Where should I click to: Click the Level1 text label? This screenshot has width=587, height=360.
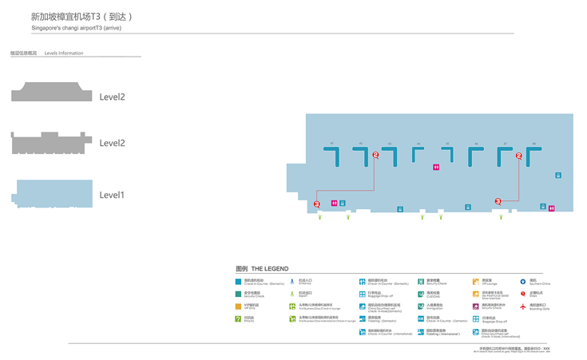click(112, 195)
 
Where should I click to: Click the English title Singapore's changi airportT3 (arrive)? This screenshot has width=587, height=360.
click(76, 28)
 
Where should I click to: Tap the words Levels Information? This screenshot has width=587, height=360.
click(64, 53)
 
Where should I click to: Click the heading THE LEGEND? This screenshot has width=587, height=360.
click(271, 269)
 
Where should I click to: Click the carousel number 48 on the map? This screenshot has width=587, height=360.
click(533, 144)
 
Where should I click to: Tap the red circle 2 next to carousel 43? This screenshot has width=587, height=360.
click(375, 156)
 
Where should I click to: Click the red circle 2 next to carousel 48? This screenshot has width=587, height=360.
click(519, 156)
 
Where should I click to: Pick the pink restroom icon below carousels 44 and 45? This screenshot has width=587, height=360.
click(435, 167)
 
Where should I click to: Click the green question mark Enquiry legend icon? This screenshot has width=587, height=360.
click(238, 318)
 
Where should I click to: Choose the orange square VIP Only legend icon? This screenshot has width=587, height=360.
click(238, 306)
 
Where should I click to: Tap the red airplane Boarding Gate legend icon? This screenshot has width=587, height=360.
click(523, 306)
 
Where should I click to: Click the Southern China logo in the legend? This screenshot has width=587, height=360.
click(523, 281)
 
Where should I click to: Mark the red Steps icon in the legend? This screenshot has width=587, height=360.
click(523, 294)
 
